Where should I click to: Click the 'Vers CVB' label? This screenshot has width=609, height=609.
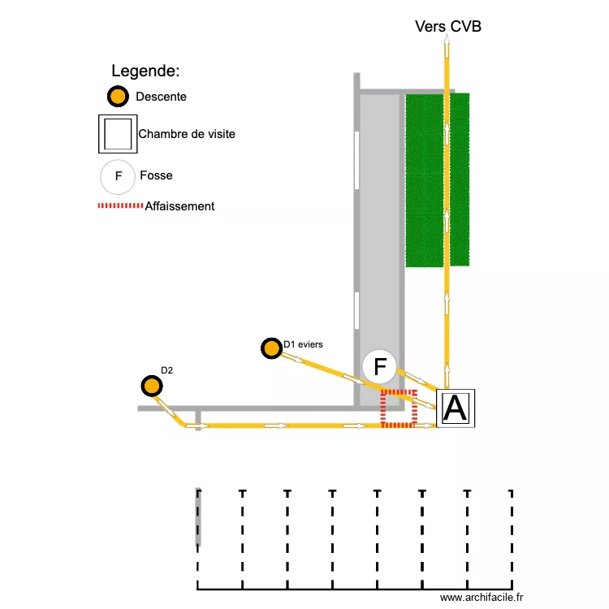click(447, 27)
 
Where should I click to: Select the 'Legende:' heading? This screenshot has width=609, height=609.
click(145, 71)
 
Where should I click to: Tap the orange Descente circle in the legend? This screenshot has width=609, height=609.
click(118, 97)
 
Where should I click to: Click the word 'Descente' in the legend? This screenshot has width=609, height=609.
click(161, 97)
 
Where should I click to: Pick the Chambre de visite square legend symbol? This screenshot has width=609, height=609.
click(117, 133)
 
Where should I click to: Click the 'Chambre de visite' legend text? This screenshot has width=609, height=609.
click(187, 134)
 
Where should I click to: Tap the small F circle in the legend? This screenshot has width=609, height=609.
click(118, 175)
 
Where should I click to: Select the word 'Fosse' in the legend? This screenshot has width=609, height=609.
click(156, 175)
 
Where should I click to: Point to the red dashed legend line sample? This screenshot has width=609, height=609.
click(120, 206)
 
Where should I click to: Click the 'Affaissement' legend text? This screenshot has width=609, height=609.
click(179, 206)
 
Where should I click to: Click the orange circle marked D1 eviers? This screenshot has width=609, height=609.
click(270, 348)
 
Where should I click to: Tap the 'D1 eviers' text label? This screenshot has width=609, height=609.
click(303, 344)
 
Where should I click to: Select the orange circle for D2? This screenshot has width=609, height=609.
click(150, 386)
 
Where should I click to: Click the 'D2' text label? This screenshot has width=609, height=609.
click(167, 370)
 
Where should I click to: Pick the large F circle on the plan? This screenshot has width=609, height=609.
click(379, 366)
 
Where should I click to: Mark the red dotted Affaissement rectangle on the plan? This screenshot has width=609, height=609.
click(399, 408)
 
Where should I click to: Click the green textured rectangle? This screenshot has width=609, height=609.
click(437, 180)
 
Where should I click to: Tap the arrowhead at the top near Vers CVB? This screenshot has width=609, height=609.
click(446, 42)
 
